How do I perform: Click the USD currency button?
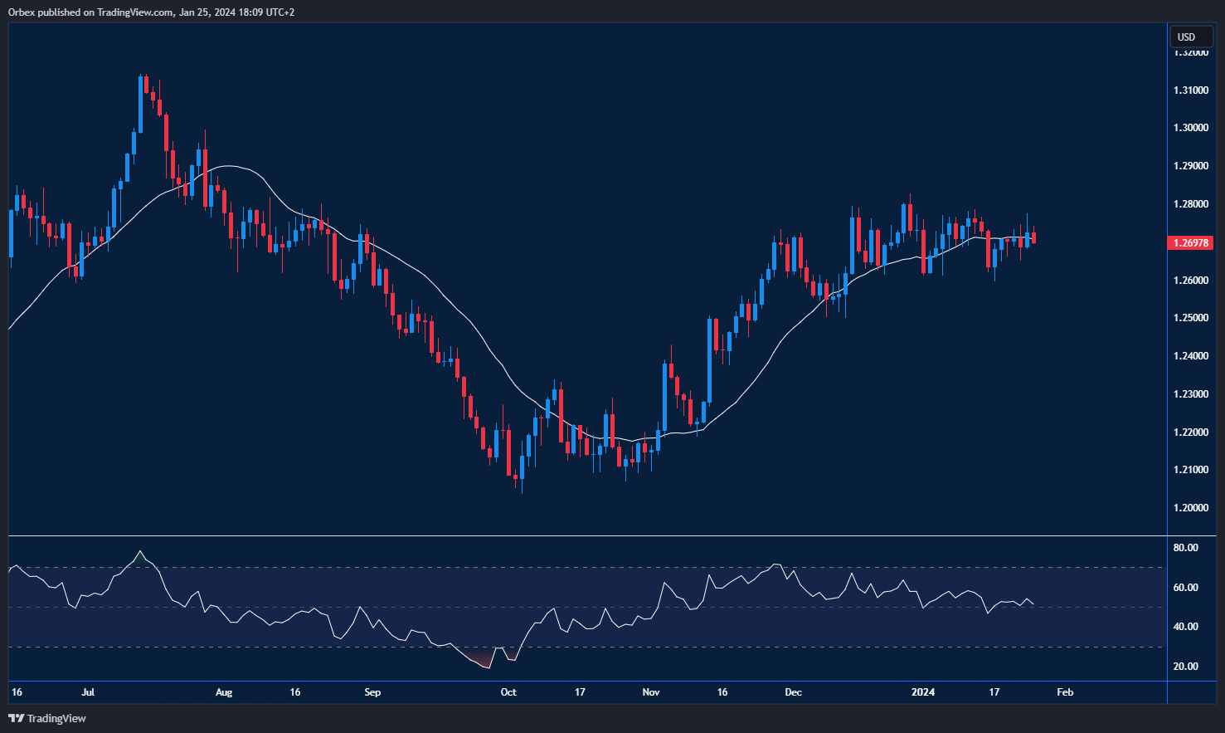tap(1187, 37)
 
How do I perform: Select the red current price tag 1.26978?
tap(1189, 243)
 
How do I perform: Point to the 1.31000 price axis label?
tap(1190, 90)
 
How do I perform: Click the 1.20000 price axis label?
tap(1190, 508)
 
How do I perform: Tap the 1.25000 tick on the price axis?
tap(1190, 318)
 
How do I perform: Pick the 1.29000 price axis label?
tap(1190, 166)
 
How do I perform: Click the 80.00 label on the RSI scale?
tap(1185, 548)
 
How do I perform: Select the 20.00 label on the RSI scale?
tap(1185, 667)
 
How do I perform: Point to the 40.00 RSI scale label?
tap(1185, 627)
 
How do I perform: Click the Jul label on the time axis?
tap(88, 692)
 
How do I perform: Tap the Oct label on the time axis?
tap(508, 692)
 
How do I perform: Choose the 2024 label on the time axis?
tap(922, 692)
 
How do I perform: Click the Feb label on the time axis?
tap(1065, 692)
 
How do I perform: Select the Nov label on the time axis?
tap(651, 692)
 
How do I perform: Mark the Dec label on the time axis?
tap(794, 692)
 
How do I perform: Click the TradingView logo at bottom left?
tap(47, 718)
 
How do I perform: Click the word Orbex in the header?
tap(22, 12)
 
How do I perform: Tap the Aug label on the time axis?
tap(224, 692)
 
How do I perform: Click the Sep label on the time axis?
tap(372, 692)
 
